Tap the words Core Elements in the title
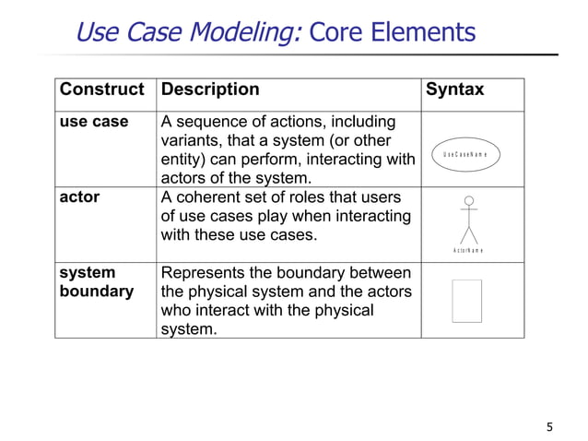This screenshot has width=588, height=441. point(392,33)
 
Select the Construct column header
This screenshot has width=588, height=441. point(102,90)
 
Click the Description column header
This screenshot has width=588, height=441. point(210,90)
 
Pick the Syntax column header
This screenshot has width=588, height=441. point(453,90)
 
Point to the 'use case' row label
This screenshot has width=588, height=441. point(94,123)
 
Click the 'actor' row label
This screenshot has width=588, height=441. point(79,197)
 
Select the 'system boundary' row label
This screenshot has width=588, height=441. point(95,282)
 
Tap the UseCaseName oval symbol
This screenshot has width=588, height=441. point(470,153)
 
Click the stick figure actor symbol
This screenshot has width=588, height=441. point(469,221)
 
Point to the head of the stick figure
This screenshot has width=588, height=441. point(469,200)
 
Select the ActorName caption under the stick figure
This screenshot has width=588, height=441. point(469,251)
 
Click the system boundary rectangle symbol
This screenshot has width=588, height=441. point(467,300)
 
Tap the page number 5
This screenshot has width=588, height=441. point(550,426)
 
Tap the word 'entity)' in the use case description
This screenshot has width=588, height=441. point(187,160)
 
